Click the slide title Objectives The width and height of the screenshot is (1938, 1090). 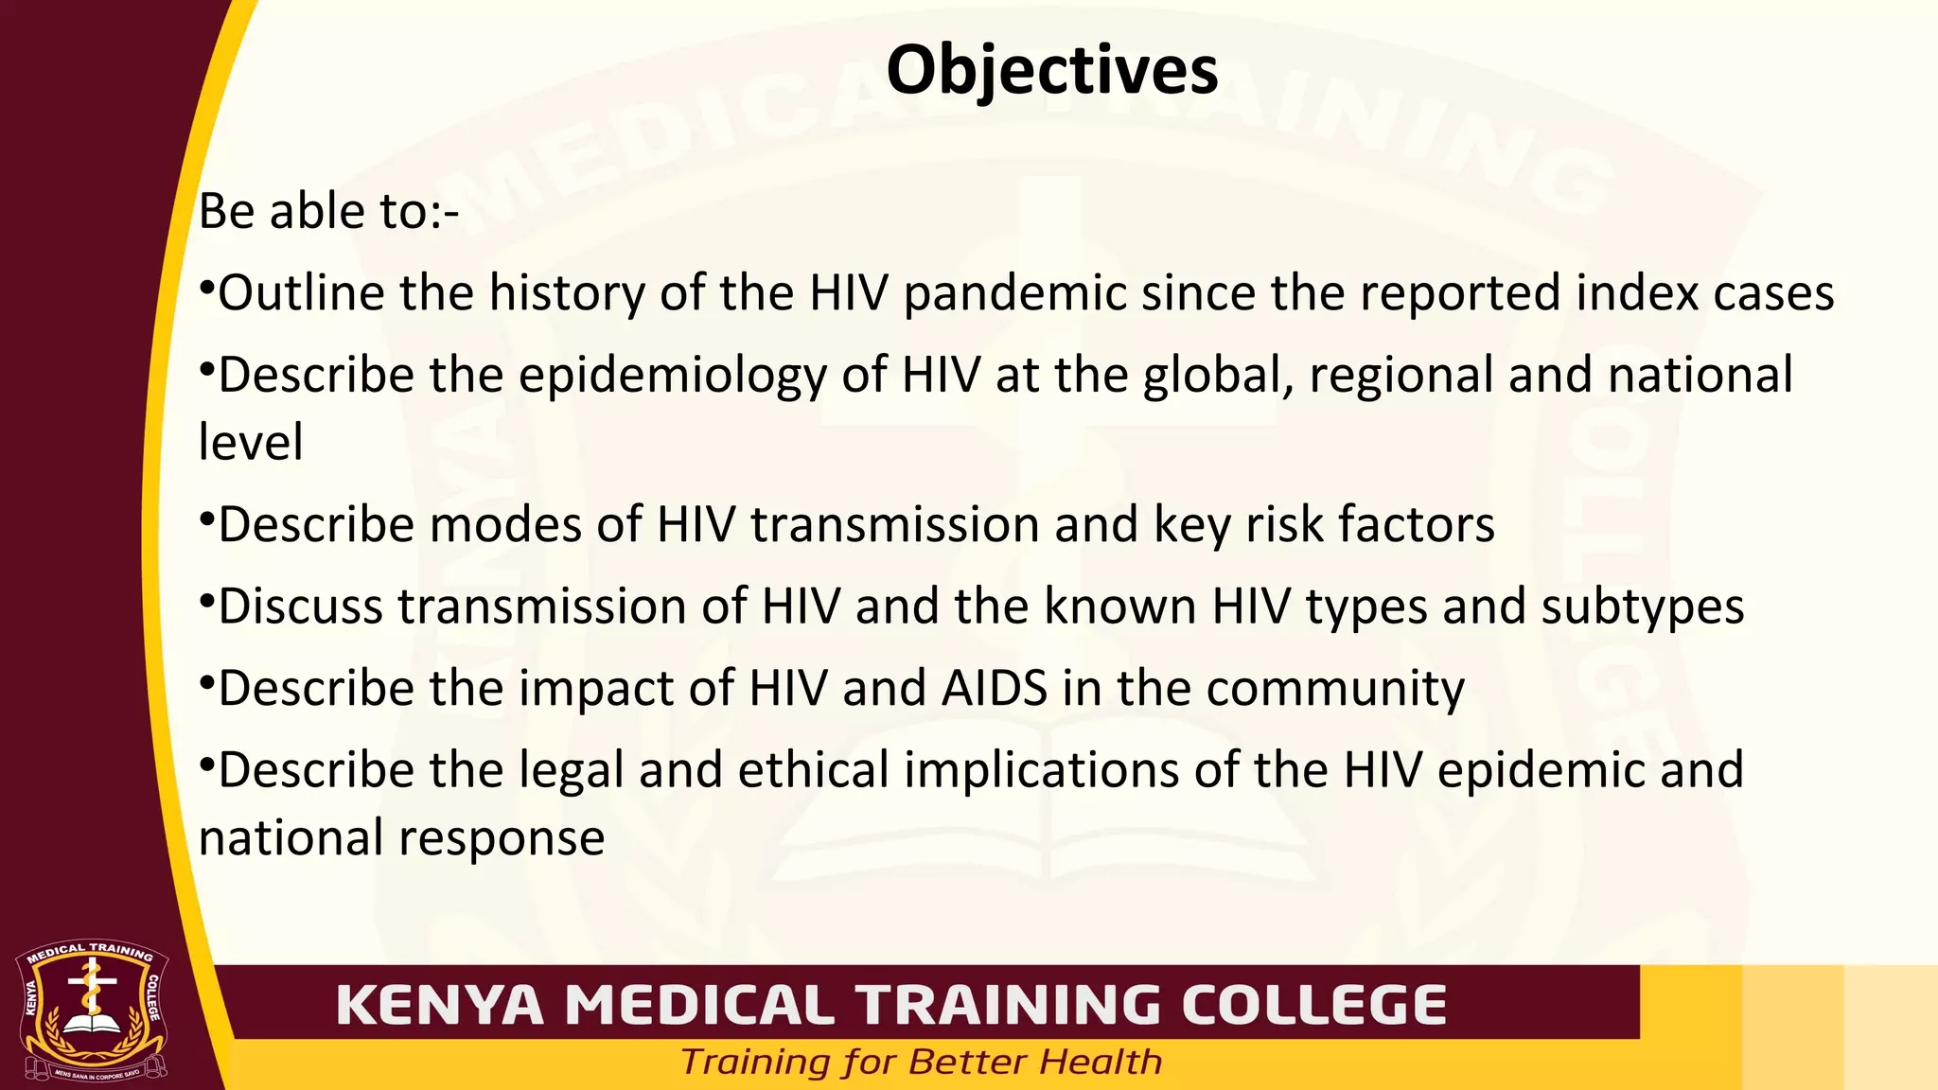tap(1051, 71)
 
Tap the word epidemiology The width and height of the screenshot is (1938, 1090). tap(672, 376)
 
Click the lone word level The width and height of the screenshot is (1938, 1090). tap(251, 443)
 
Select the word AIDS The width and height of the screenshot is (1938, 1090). tap(994, 689)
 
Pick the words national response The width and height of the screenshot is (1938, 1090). tap(401, 838)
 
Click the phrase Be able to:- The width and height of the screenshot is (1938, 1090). tap(328, 211)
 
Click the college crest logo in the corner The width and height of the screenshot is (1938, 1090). tap(93, 1011)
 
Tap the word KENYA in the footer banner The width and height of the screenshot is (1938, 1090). tap(440, 1005)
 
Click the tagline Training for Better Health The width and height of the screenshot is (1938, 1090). tap(921, 1063)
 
